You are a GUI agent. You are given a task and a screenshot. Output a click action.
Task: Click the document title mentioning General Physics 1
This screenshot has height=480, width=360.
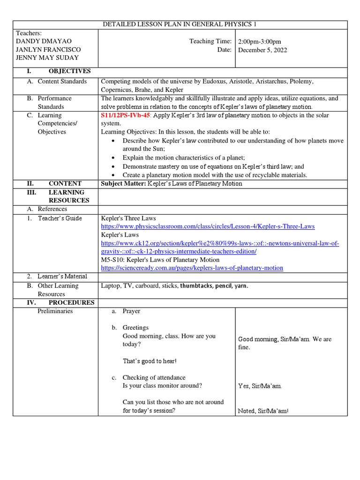[x=180, y=24]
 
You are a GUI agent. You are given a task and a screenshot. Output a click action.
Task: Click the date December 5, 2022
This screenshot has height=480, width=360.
[x=262, y=50]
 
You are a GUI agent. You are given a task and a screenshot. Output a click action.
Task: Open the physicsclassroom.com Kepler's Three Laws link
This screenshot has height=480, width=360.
[x=208, y=226]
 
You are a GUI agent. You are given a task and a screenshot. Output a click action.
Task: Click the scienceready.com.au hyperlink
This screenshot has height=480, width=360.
[x=192, y=268]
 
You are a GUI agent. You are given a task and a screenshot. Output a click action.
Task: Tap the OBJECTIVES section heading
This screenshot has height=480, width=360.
[x=69, y=71]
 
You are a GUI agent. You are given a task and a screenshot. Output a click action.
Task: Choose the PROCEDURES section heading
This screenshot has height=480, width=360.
[x=71, y=303]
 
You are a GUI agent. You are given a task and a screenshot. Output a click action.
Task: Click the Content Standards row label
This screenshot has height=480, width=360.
[x=62, y=82]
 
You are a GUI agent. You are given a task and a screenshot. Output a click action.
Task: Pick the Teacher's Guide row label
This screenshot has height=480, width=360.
[x=60, y=218]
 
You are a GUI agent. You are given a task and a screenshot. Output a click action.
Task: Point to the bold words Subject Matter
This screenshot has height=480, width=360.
[x=123, y=184]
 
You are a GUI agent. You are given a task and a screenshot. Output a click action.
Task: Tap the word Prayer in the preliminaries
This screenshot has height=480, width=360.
[x=131, y=311]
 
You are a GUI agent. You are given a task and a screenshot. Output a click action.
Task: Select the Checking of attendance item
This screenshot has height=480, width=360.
[x=154, y=377]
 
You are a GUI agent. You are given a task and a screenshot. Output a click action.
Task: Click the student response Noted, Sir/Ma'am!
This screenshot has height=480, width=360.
[x=263, y=411]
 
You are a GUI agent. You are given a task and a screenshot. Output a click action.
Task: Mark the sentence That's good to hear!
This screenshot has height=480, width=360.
[x=150, y=361]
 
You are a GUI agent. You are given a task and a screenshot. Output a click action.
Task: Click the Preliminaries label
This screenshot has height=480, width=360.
[x=55, y=311]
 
